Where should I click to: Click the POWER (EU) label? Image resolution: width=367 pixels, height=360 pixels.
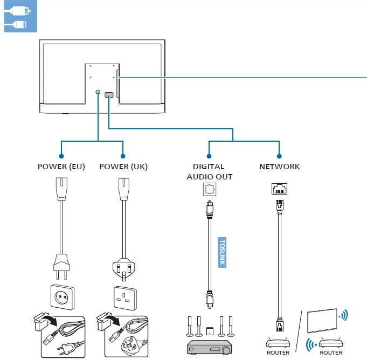(x=61, y=167)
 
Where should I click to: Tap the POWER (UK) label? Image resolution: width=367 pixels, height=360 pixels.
(x=123, y=167)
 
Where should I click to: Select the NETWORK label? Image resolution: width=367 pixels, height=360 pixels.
(x=280, y=167)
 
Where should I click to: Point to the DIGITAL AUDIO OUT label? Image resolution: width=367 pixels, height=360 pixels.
(x=210, y=171)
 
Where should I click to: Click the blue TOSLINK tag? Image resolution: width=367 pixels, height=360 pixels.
(x=222, y=252)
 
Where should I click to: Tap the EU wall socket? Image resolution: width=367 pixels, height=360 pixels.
(x=63, y=297)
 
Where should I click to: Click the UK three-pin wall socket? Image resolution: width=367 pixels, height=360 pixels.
(x=125, y=298)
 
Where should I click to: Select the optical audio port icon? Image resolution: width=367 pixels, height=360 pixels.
(x=210, y=189)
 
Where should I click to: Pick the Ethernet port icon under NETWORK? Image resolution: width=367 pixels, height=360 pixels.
(x=279, y=189)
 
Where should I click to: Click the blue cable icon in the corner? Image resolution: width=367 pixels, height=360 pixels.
(x=20, y=16)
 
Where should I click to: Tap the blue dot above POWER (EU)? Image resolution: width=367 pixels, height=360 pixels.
(x=61, y=156)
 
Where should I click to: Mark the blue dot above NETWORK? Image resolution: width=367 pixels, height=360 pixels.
(x=279, y=156)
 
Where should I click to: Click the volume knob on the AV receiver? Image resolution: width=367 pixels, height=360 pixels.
(x=226, y=350)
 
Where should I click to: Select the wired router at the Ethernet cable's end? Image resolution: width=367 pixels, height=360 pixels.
(x=278, y=343)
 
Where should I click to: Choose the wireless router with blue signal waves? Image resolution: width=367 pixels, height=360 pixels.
(x=331, y=343)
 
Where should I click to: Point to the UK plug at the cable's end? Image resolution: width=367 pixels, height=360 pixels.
(x=124, y=269)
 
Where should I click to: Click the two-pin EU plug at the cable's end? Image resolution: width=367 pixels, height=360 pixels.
(x=61, y=267)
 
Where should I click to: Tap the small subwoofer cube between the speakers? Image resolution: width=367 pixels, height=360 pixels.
(x=210, y=331)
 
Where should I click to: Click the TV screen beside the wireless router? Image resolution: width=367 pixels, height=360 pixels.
(x=322, y=321)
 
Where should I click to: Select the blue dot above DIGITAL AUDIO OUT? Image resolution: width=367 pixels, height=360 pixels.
(x=209, y=156)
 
